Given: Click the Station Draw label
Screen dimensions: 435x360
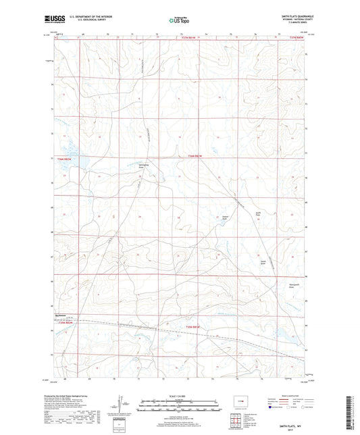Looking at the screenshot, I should [x=226, y=218].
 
